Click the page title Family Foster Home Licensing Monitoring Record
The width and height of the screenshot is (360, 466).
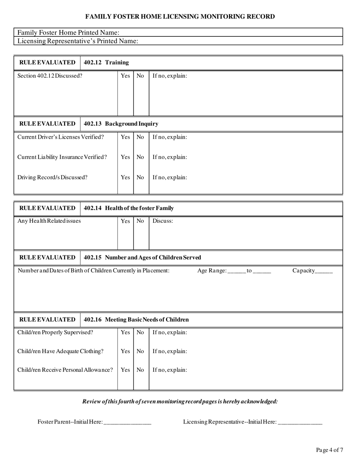180,17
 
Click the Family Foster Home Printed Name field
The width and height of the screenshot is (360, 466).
227,33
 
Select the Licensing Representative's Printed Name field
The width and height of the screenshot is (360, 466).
239,41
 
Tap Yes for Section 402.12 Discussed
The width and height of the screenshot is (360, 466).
125,76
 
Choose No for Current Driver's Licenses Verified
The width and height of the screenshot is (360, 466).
140,137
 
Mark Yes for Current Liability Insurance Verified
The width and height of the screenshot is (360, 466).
125,157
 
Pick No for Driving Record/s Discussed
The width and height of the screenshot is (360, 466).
140,177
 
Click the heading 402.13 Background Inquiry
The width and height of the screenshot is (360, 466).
121,124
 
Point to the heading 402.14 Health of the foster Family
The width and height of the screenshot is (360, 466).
129,208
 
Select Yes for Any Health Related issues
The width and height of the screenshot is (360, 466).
125,221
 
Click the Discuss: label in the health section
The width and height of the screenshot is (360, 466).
163,221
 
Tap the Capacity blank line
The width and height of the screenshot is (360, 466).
324,271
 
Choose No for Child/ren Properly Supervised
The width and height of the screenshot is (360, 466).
140,333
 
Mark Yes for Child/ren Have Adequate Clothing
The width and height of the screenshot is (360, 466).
125,352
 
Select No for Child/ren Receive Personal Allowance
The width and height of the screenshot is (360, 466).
140,370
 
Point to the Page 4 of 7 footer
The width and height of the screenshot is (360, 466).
330,450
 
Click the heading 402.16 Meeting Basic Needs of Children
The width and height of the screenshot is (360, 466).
136,320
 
